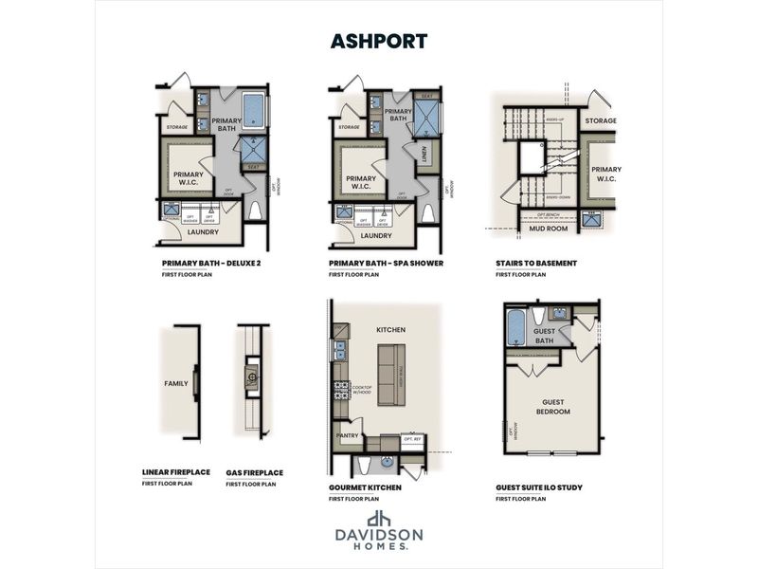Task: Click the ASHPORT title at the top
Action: [379, 41]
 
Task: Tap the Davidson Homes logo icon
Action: [379, 520]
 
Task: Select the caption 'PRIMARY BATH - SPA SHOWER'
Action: [386, 263]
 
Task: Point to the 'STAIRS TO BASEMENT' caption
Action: [536, 263]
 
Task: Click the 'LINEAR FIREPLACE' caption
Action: [176, 472]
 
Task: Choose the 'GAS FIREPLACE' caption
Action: [254, 472]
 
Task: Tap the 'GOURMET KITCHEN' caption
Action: [365, 487]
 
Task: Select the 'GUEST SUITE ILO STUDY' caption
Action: [538, 487]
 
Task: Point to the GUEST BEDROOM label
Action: [553, 407]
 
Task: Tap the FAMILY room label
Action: [175, 384]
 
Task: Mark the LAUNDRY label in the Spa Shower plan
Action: [376, 235]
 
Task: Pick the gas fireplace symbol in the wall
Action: [252, 376]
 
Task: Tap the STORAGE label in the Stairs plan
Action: [600, 121]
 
